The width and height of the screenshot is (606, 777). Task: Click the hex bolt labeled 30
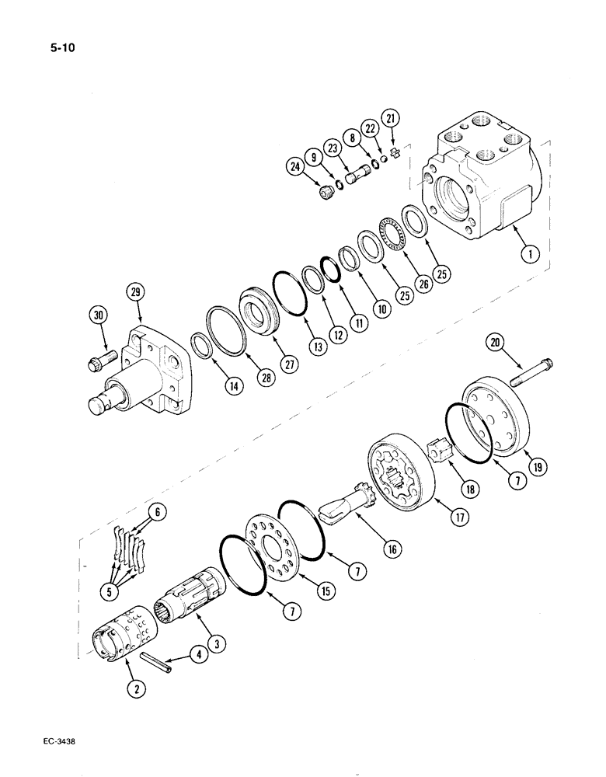(102, 359)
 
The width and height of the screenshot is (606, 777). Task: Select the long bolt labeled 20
(533, 372)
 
